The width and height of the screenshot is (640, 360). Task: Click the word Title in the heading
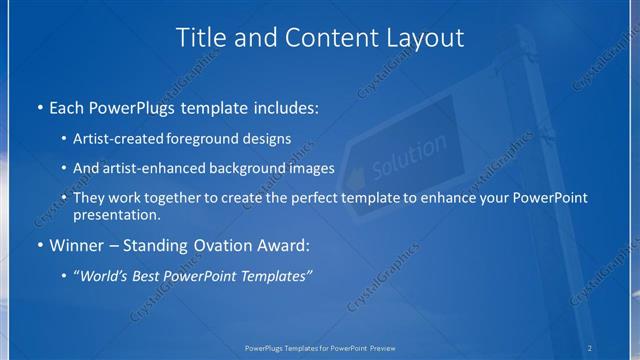click(200, 38)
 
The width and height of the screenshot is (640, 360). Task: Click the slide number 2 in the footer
click(590, 347)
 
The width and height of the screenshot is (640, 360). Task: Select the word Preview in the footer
click(381, 347)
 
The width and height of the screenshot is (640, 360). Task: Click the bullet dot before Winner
click(38, 244)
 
